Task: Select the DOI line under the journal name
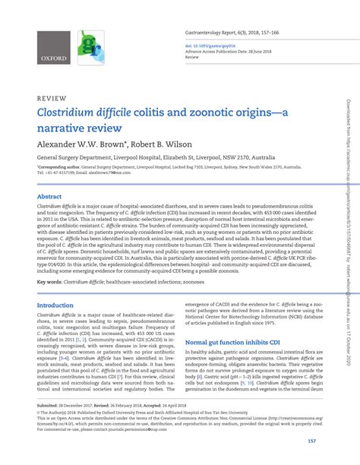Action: coord(207,44)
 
